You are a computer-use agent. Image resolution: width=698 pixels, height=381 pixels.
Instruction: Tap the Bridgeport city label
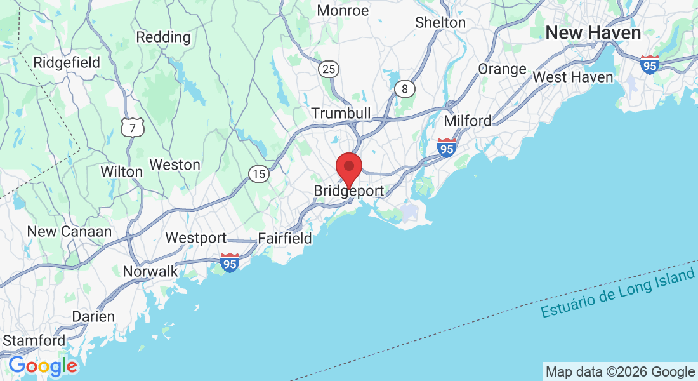[x=348, y=191]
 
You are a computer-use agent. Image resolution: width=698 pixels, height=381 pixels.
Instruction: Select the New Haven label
[x=593, y=33]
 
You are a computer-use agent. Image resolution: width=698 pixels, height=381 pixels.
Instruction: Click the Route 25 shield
[x=329, y=69]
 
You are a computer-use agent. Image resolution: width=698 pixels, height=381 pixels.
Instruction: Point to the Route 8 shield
[x=404, y=89]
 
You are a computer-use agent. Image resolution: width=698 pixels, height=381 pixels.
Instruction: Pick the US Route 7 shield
[x=133, y=128]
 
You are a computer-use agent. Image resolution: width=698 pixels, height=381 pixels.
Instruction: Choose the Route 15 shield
[x=258, y=174]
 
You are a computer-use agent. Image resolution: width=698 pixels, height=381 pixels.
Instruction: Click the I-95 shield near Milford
[x=447, y=148]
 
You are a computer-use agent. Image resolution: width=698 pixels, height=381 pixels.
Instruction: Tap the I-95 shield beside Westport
[x=230, y=262]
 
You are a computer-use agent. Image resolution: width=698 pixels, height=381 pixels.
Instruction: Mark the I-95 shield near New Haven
[x=649, y=64]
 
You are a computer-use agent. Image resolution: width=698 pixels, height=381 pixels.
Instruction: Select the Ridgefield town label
[x=67, y=62]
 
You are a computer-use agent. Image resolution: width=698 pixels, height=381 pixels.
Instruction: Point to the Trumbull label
[x=341, y=112]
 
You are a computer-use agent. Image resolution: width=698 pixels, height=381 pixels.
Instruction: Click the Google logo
[x=43, y=366]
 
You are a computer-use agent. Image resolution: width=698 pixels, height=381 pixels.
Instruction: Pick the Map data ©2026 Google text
[x=620, y=372]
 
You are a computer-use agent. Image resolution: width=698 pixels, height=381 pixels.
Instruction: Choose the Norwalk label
[x=150, y=271]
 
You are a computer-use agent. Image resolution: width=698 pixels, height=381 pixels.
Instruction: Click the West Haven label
[x=573, y=77]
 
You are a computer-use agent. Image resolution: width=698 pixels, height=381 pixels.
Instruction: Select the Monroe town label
[x=343, y=11]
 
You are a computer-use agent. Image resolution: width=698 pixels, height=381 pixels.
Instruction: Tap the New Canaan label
[x=70, y=232]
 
